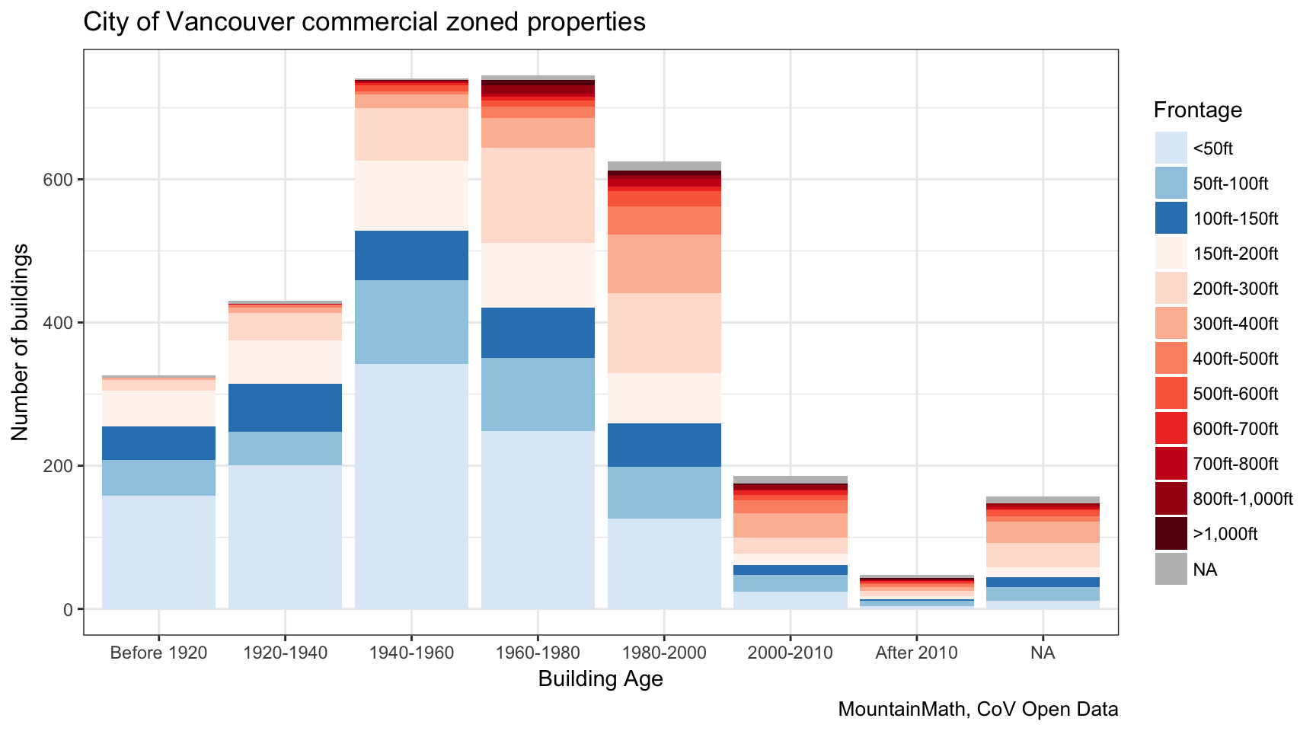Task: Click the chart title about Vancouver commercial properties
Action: (364, 21)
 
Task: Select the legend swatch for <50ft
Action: (1171, 148)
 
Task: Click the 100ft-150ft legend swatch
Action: (1171, 218)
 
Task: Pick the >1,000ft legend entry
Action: (1225, 534)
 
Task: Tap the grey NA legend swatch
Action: (1171, 569)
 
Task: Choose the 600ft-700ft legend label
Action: (1235, 429)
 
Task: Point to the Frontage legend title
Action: (1197, 110)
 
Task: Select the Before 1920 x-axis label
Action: (158, 653)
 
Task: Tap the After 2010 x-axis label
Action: (916, 653)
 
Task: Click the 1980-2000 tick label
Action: (664, 653)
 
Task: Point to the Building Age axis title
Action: (600, 678)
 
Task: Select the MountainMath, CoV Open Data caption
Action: (978, 709)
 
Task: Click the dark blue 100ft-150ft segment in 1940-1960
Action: (411, 255)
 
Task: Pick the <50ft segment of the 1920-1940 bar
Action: (285, 537)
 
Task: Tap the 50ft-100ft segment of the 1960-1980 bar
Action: (538, 394)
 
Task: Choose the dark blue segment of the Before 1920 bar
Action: (158, 443)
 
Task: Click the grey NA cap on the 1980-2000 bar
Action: (664, 166)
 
